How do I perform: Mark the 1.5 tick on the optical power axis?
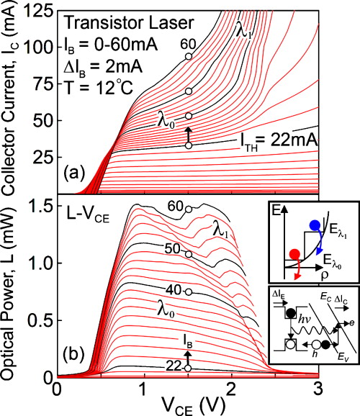[45, 207]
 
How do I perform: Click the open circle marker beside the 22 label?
[188, 368]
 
